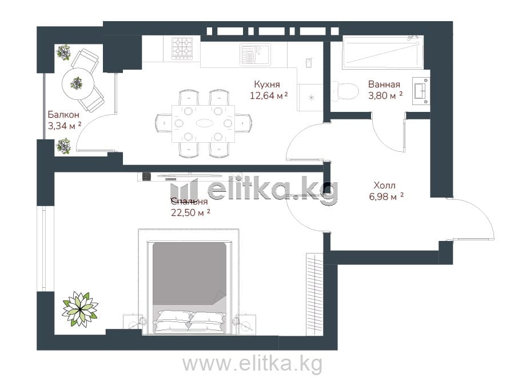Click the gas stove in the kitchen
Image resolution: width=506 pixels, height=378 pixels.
[x=182, y=49]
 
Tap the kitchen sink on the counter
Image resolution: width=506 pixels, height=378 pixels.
[x=255, y=55]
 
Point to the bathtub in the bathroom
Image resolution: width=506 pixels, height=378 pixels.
[x=383, y=53]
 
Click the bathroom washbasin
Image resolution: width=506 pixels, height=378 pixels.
[x=421, y=91]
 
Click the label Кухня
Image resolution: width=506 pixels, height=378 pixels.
[x=267, y=85]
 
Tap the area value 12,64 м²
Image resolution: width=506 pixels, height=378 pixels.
[x=269, y=95]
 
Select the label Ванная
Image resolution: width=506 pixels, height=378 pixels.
[x=384, y=85]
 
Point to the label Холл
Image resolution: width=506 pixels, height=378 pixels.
[x=384, y=186]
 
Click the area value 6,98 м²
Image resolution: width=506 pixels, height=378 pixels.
[x=387, y=196]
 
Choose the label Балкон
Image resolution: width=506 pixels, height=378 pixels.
[x=63, y=114]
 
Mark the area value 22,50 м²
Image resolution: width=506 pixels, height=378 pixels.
[x=191, y=212]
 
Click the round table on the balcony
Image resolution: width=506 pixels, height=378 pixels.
[x=78, y=83]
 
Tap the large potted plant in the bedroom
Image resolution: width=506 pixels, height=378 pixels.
[x=80, y=309]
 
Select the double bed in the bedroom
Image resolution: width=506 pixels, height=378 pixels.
[x=189, y=287]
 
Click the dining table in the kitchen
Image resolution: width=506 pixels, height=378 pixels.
[x=204, y=124]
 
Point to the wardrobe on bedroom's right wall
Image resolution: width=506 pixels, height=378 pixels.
[x=314, y=295]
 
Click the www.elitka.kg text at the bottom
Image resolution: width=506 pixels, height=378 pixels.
[x=252, y=364]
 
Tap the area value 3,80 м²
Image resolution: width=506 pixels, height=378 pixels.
[x=385, y=95]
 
